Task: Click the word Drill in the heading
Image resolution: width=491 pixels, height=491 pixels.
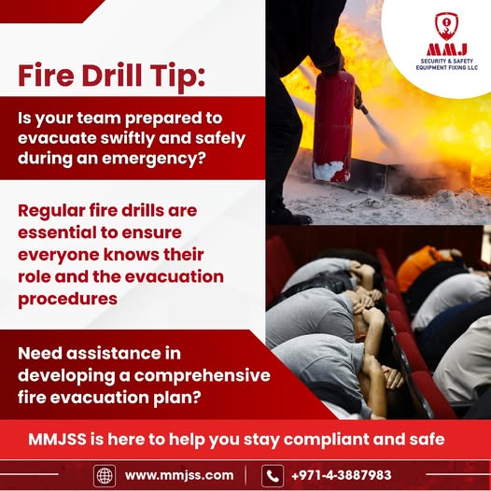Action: point(111,76)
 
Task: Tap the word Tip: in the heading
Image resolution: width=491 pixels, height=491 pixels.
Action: point(177,77)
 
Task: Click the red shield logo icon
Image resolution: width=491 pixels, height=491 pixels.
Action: point(446,26)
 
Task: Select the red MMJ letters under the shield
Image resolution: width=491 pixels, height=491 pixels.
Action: point(446,49)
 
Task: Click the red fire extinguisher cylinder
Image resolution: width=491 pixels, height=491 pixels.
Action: point(332,125)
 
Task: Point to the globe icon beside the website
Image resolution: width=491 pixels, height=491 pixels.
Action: point(105,476)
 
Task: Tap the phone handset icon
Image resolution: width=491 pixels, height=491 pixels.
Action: point(273,476)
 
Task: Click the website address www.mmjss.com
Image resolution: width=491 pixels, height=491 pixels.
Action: point(179,475)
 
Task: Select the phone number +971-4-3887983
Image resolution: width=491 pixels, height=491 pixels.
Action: point(342,475)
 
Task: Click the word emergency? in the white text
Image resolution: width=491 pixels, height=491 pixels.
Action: point(154,159)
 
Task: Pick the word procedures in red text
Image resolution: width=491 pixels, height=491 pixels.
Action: point(67,300)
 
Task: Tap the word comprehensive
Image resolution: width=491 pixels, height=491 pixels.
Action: point(203,376)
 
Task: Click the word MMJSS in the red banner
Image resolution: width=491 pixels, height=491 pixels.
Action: point(57,439)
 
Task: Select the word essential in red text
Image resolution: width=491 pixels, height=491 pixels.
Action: point(57,232)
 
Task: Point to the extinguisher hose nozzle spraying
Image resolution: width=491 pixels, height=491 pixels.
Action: point(363,109)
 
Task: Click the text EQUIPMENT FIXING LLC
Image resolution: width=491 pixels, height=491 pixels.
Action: point(447,67)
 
